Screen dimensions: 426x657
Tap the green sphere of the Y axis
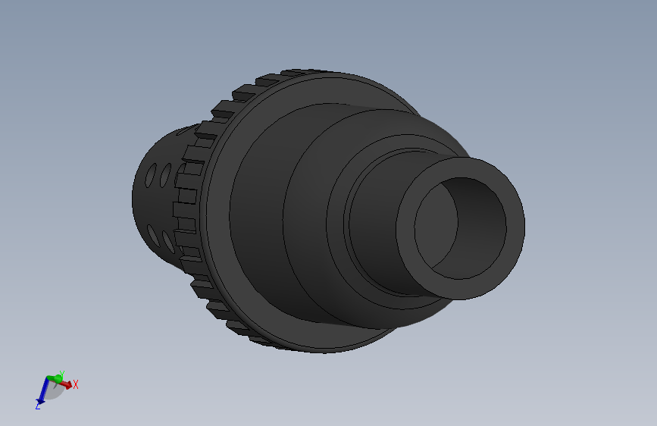(54, 377)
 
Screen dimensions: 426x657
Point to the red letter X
(76, 385)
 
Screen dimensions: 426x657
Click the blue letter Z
(37, 407)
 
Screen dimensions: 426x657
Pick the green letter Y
(61, 373)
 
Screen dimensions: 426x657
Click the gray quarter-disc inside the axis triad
(54, 390)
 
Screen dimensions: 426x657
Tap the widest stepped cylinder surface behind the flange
(258, 212)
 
